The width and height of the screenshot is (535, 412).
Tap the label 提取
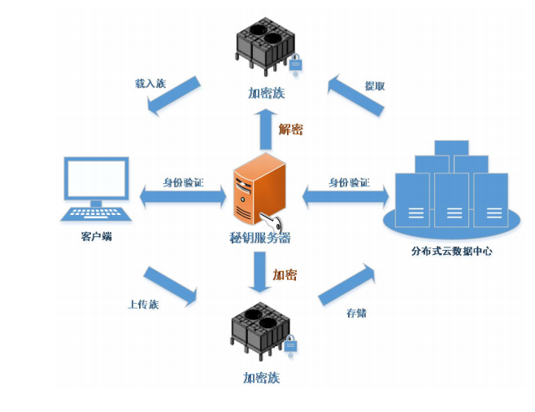click(374, 85)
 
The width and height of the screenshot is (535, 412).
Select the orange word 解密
click(290, 129)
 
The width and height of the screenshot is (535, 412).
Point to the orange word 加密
click(285, 275)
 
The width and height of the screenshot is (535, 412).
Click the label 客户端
click(96, 236)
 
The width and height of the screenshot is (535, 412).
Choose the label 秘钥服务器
click(259, 238)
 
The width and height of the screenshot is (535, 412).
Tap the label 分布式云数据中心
click(451, 252)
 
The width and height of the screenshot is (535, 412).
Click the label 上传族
click(143, 304)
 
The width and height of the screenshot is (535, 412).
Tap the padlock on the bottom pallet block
click(289, 345)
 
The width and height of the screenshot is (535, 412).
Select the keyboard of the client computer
click(96, 214)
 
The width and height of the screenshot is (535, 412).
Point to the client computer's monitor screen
click(97, 178)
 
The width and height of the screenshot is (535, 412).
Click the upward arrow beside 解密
click(264, 126)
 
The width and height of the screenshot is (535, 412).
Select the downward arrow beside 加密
click(260, 272)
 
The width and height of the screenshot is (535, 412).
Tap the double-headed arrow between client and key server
click(183, 196)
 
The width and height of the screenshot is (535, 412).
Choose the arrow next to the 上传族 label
click(170, 286)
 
